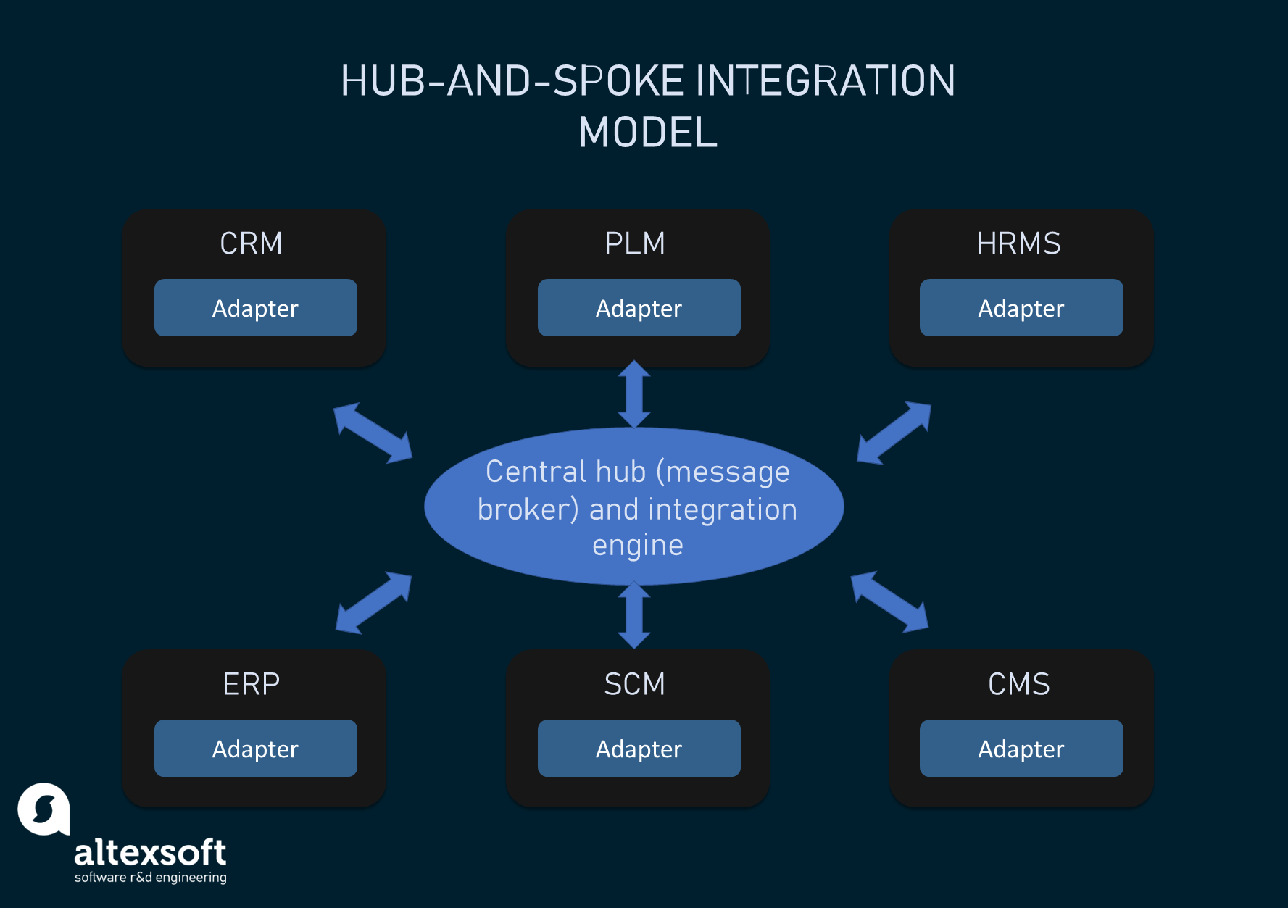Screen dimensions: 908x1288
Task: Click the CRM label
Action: [x=251, y=243]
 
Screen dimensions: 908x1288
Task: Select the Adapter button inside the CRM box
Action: [x=255, y=308]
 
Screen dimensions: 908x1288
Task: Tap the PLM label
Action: [x=634, y=243]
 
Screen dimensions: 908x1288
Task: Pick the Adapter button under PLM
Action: [x=639, y=308]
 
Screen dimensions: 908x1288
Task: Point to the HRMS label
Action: [x=1018, y=243]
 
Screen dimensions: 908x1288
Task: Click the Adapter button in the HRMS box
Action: [x=1021, y=308]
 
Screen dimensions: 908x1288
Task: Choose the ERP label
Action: [x=251, y=684]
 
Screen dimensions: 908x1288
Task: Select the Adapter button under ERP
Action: [x=255, y=749]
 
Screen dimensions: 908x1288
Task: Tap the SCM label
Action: [x=634, y=684]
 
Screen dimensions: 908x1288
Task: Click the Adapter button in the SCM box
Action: [x=639, y=749]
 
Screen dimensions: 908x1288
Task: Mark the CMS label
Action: [x=1018, y=684]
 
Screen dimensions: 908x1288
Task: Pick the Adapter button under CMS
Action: [x=1021, y=749]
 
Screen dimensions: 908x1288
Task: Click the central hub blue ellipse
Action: [x=634, y=507]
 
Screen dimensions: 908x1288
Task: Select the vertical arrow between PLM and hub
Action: [x=634, y=394]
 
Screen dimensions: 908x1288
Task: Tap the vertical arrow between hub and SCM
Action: [x=634, y=615]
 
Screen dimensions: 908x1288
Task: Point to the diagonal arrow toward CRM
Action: [x=373, y=433]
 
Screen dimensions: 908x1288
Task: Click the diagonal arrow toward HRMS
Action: [x=894, y=433]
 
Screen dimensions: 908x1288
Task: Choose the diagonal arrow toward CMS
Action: [x=889, y=601]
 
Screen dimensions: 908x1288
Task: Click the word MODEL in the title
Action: [x=648, y=133]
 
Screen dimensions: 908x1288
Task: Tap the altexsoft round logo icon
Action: [x=43, y=809]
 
